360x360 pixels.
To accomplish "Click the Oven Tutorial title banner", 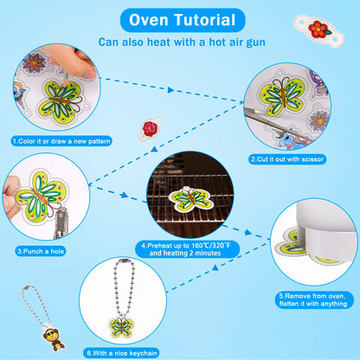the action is pos(183,20).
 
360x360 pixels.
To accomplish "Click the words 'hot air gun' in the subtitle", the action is pos(237,42).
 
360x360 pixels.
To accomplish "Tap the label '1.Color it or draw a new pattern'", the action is pos(61,141).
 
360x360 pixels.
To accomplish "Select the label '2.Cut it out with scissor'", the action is pos(287,159).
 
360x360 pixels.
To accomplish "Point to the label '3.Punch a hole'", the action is pos(41,251).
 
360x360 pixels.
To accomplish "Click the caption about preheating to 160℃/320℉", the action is pos(187,249).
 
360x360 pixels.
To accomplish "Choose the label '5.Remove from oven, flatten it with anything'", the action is pos(314,300).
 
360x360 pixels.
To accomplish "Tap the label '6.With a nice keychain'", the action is pos(122,353).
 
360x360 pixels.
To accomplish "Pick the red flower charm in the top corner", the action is pos(318,29).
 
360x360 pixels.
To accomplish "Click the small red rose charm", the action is pos(150,129).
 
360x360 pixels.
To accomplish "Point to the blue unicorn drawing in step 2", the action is pos(292,137).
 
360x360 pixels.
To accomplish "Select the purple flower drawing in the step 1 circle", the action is pos(34,62).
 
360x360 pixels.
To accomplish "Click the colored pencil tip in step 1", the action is pos(66,81).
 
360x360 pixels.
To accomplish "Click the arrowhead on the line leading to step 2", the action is pos(170,90).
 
